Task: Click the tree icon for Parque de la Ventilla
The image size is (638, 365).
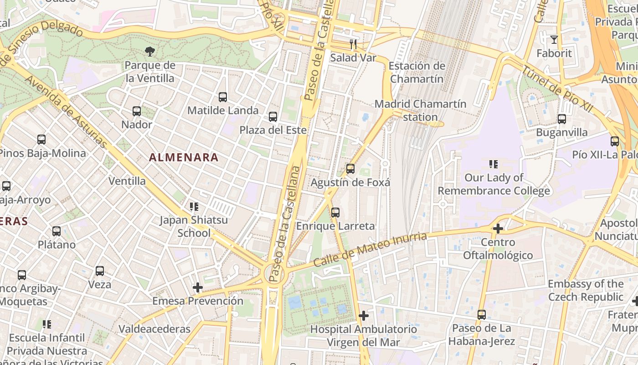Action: click(149, 52)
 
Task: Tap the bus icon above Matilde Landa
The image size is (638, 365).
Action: click(223, 97)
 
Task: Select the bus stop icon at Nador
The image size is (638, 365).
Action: click(137, 111)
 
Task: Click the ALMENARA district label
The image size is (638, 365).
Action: click(184, 157)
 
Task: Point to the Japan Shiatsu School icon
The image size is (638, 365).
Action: click(194, 207)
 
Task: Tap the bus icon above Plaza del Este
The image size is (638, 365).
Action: click(273, 117)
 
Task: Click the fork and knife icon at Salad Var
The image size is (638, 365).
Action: click(353, 44)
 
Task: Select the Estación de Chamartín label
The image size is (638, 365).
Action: click(417, 72)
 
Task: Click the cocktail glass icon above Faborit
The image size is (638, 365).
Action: click(554, 40)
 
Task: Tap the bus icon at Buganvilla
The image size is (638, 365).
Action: click(562, 119)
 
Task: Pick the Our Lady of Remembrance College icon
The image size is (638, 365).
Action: click(493, 164)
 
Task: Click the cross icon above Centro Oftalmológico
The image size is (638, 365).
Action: click(498, 228)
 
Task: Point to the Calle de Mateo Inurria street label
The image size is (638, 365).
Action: click(370, 250)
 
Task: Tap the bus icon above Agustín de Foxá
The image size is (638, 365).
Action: click(350, 169)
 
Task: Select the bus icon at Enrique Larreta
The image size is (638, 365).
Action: click(335, 212)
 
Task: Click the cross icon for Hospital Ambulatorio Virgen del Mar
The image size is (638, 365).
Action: click(364, 315)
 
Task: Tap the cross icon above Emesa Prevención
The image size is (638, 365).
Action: click(197, 287)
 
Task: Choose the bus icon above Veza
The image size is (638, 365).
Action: click(100, 271)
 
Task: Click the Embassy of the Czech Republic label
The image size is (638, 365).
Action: click(586, 290)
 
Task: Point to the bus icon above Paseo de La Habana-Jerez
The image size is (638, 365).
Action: click(482, 314)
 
